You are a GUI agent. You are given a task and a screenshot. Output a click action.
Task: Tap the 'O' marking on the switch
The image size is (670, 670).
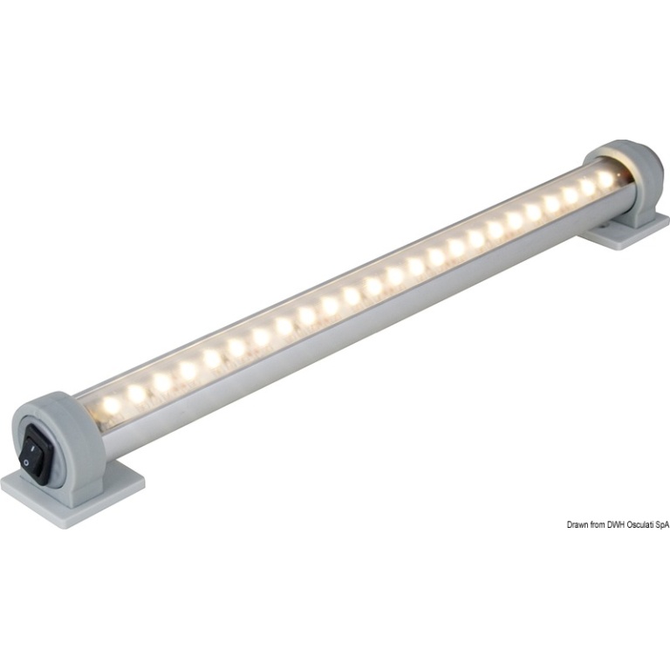click(x=27, y=461)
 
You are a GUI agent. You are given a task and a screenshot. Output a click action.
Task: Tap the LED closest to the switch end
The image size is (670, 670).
click(x=111, y=403)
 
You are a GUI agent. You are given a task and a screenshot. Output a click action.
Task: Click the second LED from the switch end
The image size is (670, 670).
click(x=137, y=392)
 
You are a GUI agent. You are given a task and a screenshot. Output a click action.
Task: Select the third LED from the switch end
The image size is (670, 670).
click(x=162, y=380)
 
